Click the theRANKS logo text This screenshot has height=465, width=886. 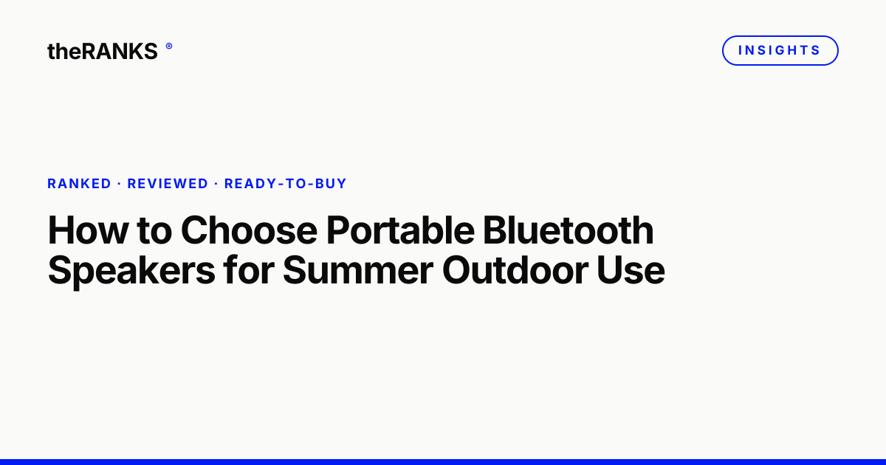tap(103, 52)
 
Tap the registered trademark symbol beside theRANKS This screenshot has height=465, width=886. tap(169, 46)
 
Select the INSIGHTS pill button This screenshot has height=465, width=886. tap(780, 51)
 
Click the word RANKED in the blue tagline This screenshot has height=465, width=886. tap(79, 184)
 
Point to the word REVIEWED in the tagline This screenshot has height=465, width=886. tap(168, 184)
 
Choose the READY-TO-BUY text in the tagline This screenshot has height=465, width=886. tap(286, 184)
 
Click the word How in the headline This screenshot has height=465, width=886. tap(88, 230)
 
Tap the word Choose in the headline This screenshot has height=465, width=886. tap(250, 230)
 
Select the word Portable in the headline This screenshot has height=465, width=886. tap(400, 230)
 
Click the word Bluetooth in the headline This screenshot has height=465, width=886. tap(569, 230)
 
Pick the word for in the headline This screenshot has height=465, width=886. tap(249, 269)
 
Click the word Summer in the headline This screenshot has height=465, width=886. tap(358, 270)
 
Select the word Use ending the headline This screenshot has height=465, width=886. tap(631, 270)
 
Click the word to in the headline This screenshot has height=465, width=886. tap(154, 231)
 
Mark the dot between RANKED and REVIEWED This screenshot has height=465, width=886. tap(119, 184)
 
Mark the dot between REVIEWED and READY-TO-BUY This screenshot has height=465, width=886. tap(216, 184)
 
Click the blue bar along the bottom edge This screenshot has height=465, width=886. tap(443, 462)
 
